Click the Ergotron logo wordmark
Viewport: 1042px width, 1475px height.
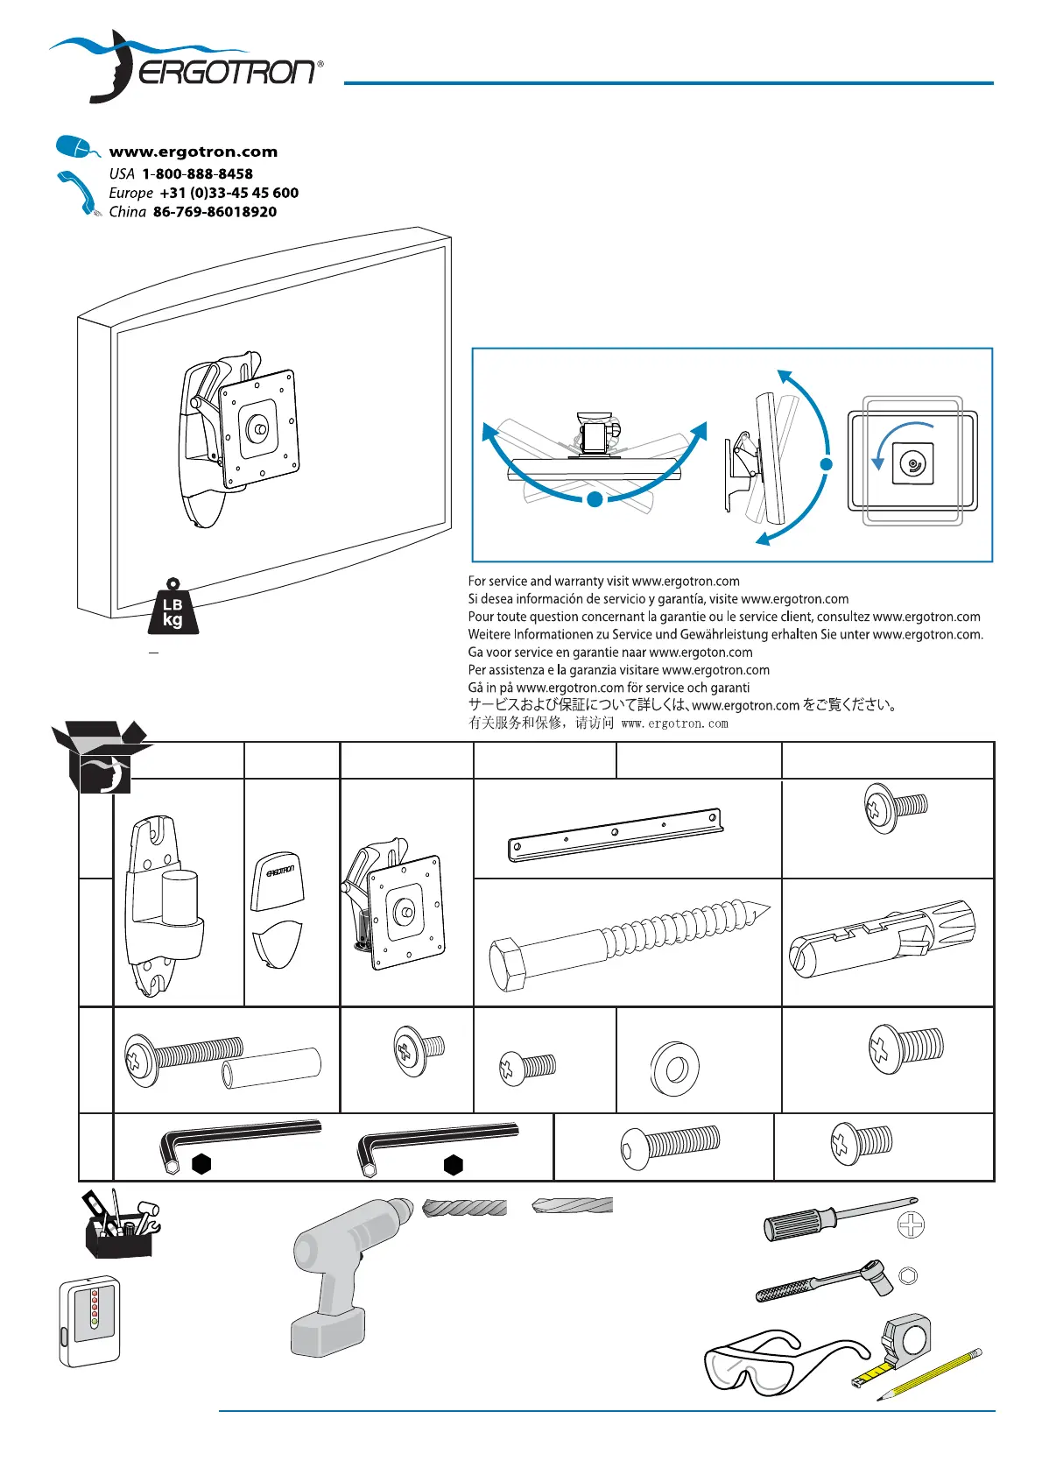(227, 72)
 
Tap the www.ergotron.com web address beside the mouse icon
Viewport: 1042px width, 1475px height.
(193, 152)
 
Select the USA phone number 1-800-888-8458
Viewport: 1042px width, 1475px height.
(198, 173)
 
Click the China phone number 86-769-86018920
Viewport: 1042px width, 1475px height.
(215, 212)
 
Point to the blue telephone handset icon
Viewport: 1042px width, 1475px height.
(78, 193)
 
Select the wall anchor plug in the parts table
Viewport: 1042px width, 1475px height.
(882, 938)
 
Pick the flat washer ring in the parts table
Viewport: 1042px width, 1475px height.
(675, 1068)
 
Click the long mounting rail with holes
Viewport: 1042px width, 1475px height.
(616, 835)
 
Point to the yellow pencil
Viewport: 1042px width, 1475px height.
(929, 1373)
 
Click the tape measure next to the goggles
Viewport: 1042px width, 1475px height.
(903, 1344)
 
